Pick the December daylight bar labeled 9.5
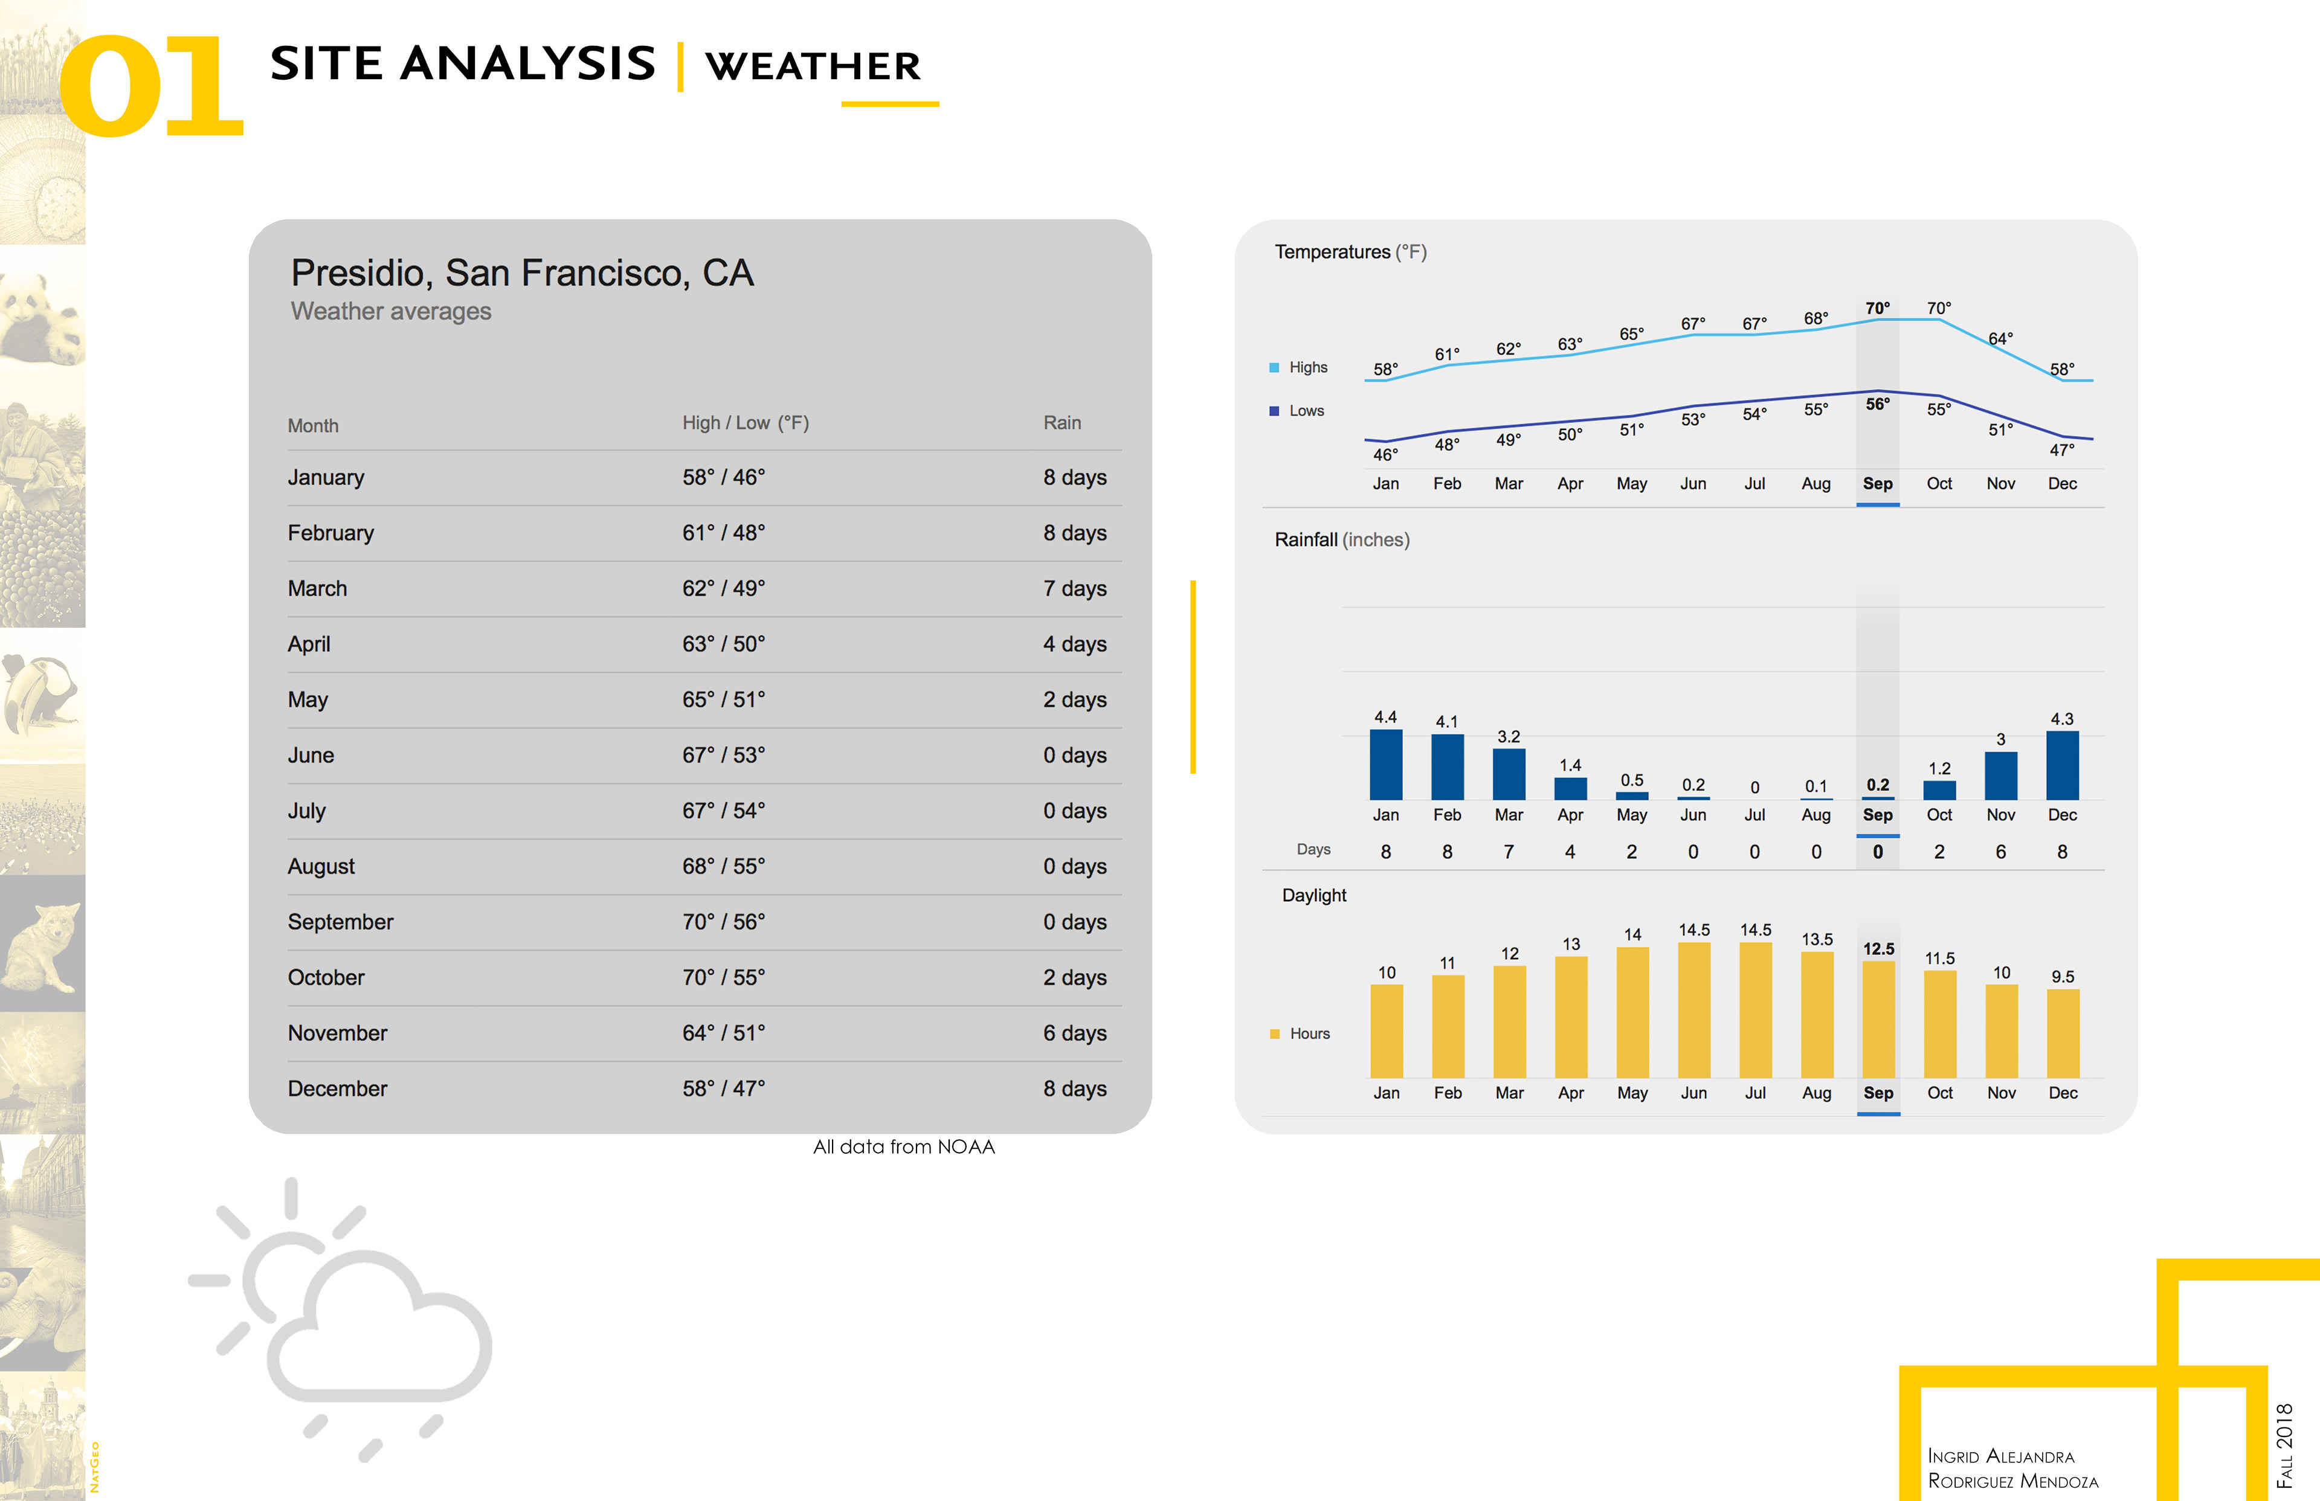click(2063, 1033)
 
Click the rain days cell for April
click(1074, 644)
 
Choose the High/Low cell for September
click(723, 922)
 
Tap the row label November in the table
click(337, 1033)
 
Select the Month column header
click(313, 426)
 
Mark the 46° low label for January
click(1385, 454)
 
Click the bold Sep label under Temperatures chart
click(1877, 483)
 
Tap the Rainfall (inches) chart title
click(1341, 540)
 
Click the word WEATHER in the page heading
click(813, 66)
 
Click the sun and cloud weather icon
click(341, 1316)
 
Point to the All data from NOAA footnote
click(904, 1147)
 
